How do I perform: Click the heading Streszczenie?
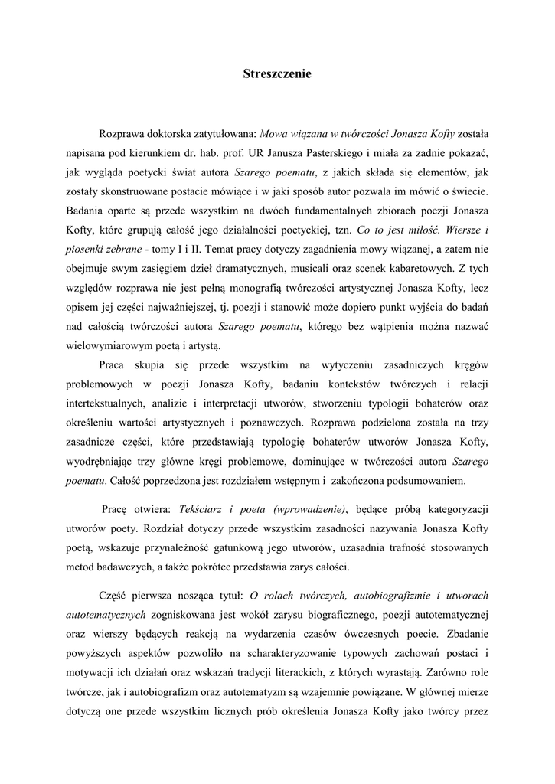[277, 74]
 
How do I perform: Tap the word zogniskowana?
[184, 614]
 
